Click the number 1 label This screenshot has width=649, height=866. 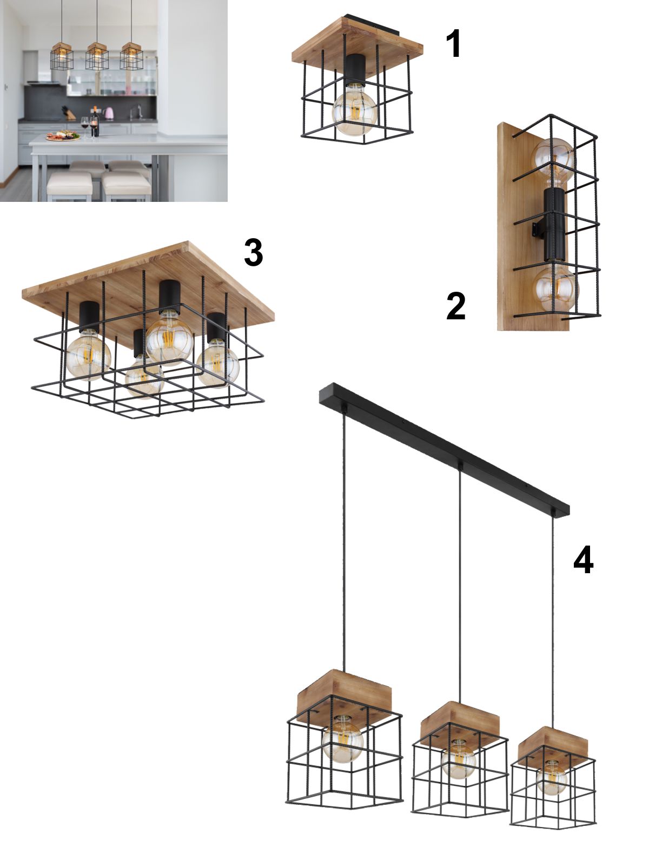[x=454, y=44]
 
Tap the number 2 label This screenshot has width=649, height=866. [x=456, y=306]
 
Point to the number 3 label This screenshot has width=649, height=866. [x=253, y=252]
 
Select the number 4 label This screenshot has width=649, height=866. [x=583, y=560]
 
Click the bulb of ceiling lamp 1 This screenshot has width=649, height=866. [x=355, y=112]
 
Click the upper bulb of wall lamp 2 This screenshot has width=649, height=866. [x=553, y=159]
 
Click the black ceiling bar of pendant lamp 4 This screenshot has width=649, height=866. [x=444, y=450]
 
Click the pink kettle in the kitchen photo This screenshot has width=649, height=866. [x=109, y=114]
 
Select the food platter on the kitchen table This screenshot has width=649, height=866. [x=63, y=136]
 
